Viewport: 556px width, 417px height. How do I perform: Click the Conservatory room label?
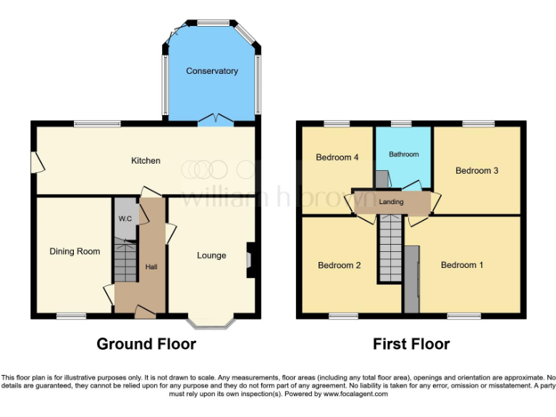pos(211,71)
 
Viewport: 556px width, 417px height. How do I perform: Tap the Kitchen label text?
pos(146,161)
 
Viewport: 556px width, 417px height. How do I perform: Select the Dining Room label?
pos(74,251)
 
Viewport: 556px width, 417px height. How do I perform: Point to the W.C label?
pos(125,218)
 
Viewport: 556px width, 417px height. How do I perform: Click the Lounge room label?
pos(211,255)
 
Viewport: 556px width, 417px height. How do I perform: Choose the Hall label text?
pos(151,267)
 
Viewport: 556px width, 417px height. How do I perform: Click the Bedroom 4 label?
pos(337,156)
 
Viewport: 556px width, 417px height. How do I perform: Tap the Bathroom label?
pos(403,154)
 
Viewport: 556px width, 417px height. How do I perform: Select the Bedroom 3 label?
pos(476,171)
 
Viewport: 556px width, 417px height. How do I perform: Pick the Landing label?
pos(391,201)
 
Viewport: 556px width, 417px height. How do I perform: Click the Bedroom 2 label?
pos(339,265)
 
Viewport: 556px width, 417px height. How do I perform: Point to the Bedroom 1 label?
pos(463,265)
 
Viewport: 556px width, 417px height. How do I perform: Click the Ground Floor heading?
pos(146,344)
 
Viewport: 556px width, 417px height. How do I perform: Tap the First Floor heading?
pos(411,344)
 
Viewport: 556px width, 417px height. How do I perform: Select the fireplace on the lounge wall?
pos(250,260)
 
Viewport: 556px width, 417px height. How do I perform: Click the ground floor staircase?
pos(126,263)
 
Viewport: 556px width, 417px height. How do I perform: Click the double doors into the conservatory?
pos(211,120)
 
